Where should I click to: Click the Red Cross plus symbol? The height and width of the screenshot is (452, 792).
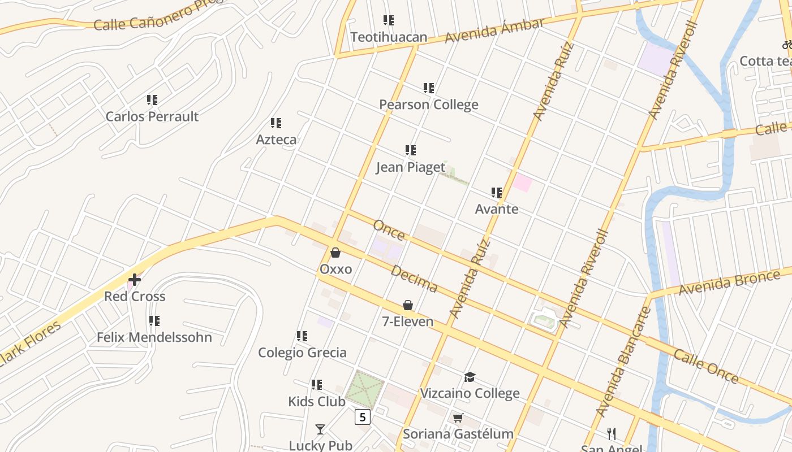coord(134,279)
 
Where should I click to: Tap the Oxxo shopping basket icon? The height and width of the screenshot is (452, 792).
coord(335,253)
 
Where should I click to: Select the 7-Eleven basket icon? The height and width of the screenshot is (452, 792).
coord(408,305)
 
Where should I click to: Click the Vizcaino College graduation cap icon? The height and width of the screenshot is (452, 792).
coord(470,377)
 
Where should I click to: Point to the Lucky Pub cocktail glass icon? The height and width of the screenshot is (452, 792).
coord(320,429)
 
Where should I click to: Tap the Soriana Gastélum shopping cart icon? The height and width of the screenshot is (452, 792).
coord(458,418)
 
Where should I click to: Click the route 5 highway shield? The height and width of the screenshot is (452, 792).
coord(363,417)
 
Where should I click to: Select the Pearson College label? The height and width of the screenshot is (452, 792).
coord(428,105)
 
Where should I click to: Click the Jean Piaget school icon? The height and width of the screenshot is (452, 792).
coord(411,150)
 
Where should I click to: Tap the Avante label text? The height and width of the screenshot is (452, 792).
coord(496,209)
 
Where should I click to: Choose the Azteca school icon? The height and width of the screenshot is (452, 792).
coord(276,123)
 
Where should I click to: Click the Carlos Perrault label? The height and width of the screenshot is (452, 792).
coord(152,116)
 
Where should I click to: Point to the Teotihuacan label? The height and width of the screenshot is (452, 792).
coord(389,37)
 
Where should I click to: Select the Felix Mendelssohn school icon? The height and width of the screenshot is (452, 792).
coord(154,321)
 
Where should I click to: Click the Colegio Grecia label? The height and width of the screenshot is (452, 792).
coord(302,353)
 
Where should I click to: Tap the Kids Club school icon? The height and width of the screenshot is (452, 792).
coord(317,385)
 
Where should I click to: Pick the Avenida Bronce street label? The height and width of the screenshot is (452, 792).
coord(729,282)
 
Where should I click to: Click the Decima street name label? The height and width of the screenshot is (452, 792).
coord(414,279)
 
